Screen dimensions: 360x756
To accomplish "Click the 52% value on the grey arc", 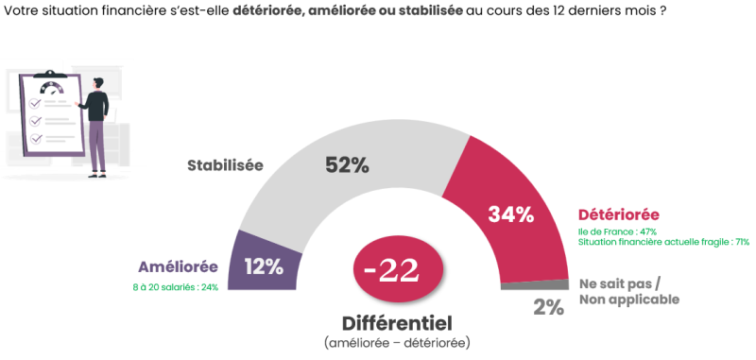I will point(347,165).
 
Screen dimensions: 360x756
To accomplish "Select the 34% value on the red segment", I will point(511,214).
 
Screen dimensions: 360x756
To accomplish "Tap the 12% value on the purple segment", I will point(264,266).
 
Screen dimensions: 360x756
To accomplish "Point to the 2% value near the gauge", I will point(547,306).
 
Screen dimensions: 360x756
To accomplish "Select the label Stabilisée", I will point(225,165).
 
